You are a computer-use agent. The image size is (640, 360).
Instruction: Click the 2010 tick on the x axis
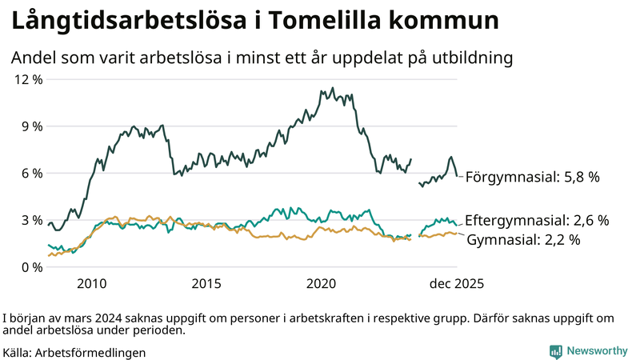91,283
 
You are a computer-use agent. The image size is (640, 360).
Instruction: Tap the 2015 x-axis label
206,283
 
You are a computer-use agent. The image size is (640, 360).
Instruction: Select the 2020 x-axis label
322,283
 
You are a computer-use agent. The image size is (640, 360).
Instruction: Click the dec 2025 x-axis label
457,283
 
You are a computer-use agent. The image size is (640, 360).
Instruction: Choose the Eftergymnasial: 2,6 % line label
537,220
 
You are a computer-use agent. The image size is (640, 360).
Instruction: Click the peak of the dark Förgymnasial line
322,90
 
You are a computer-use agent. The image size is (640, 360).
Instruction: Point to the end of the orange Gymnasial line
457,234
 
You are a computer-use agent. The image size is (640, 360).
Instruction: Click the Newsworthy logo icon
555,351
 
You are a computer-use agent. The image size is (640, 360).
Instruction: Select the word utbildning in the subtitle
470,58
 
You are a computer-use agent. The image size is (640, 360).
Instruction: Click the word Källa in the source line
18,352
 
